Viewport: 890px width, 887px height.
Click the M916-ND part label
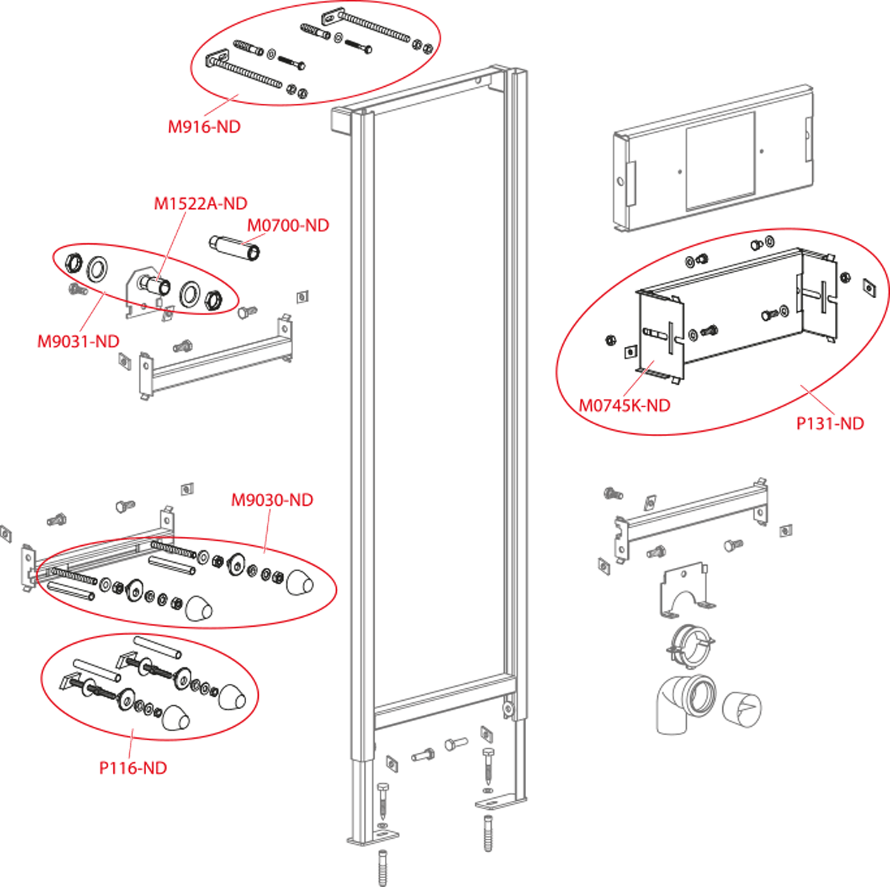point(204,127)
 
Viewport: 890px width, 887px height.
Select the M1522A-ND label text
point(200,203)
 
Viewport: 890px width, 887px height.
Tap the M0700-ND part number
point(289,225)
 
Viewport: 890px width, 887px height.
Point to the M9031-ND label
point(78,341)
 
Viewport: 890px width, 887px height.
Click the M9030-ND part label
point(272,500)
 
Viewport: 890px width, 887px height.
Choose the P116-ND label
point(133,768)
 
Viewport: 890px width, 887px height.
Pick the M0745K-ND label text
point(624,406)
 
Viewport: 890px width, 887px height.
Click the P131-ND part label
point(830,423)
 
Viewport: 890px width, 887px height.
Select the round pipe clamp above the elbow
point(690,646)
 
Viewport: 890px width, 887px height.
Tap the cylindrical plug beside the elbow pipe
point(742,709)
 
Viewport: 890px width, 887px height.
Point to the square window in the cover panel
point(720,161)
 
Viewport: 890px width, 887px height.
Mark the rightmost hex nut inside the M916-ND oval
point(428,47)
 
